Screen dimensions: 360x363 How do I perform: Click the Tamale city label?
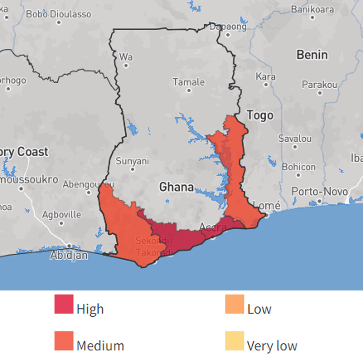click(189, 82)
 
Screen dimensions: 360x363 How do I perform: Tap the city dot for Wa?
click(126, 65)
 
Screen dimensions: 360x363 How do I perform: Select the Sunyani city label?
click(132, 161)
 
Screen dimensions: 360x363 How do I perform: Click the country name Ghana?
click(176, 187)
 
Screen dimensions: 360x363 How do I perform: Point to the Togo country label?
click(260, 116)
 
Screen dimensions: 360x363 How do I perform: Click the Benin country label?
click(312, 55)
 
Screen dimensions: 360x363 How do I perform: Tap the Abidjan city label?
click(69, 256)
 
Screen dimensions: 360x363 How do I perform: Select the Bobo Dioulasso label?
click(59, 14)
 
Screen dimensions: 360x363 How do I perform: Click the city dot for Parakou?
click(320, 93)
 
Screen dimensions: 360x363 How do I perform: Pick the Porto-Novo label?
click(319, 192)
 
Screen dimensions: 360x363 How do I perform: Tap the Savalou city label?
click(295, 138)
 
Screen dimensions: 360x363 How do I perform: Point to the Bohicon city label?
click(299, 167)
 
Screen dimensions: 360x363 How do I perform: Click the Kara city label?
click(266, 77)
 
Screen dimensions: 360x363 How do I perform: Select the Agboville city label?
click(61, 215)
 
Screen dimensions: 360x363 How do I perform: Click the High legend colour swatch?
click(64, 304)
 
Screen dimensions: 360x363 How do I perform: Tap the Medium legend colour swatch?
click(64, 341)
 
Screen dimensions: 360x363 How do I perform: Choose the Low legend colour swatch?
click(235, 304)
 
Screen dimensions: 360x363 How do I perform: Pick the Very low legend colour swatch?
click(235, 341)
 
